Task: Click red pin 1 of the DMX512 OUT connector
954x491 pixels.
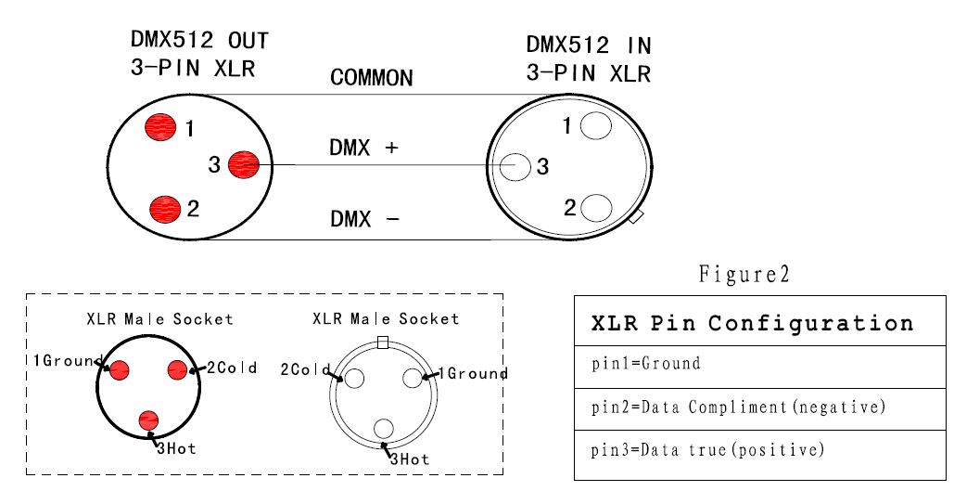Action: (160, 127)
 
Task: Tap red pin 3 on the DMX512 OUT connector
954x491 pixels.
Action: (244, 164)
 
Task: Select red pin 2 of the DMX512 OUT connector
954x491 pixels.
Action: (165, 209)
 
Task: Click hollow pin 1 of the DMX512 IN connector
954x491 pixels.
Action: (595, 126)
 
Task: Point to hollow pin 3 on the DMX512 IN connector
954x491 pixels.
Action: (515, 166)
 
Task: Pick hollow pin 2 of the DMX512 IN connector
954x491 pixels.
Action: (596, 208)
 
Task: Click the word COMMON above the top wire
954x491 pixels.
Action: (372, 78)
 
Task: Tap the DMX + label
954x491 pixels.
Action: (363, 148)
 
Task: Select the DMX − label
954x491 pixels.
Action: (364, 219)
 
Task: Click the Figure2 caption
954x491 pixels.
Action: (744, 274)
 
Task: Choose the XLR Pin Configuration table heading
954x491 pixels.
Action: (752, 323)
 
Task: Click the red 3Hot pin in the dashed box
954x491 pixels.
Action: (148, 420)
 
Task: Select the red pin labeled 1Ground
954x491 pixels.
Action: (120, 370)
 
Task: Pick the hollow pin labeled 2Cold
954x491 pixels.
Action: (354, 379)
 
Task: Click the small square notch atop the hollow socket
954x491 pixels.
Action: (383, 343)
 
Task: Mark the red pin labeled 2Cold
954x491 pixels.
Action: (177, 369)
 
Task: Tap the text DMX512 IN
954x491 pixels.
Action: (589, 45)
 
